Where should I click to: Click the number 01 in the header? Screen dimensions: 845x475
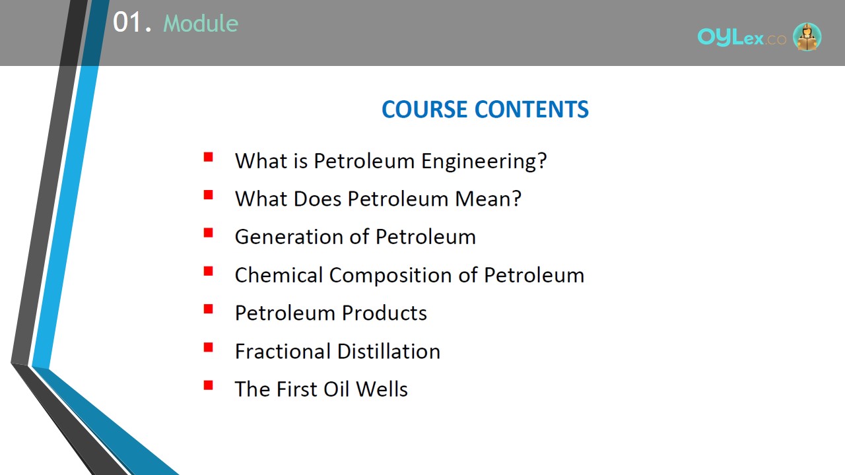point(127,22)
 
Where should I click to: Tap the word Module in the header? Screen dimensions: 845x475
point(201,23)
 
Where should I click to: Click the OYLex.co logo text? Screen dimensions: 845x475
point(742,38)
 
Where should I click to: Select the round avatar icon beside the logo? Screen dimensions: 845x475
point(807,36)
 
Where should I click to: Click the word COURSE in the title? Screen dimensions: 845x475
point(424,110)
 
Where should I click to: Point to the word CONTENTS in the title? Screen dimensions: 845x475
point(531,110)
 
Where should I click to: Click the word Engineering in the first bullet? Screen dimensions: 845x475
point(484,162)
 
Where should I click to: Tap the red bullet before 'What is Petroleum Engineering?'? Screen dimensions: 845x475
point(208,157)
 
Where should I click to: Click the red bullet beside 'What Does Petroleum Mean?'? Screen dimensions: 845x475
point(208,195)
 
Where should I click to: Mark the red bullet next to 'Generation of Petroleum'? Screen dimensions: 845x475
point(208,233)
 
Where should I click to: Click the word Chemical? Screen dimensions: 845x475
point(279,275)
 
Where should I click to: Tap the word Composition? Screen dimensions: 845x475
point(390,276)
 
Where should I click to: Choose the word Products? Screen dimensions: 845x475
point(384,313)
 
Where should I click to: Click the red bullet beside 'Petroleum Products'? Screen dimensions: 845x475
point(208,309)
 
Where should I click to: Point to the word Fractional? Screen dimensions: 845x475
point(283,352)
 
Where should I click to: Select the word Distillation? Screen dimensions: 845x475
point(389,352)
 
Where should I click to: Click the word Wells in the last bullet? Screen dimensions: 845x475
point(382,389)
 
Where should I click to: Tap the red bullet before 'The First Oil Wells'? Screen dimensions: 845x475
point(208,385)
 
